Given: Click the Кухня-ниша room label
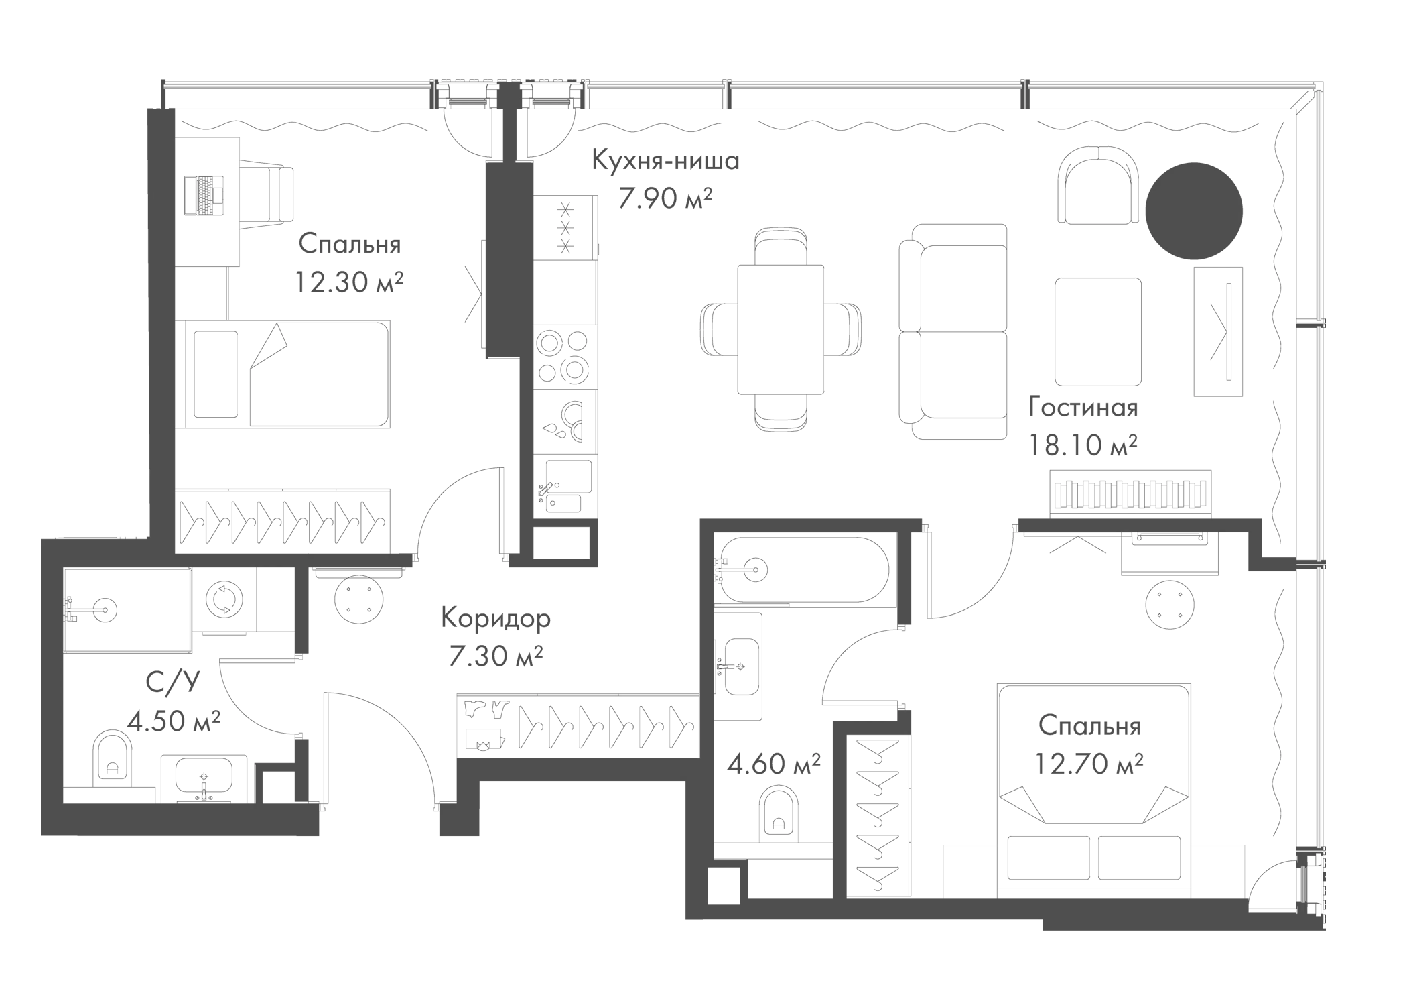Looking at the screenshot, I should click(665, 162).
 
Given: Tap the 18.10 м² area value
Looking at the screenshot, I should click(1083, 445).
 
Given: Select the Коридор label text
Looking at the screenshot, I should click(495, 618).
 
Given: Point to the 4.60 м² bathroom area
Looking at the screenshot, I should click(774, 764).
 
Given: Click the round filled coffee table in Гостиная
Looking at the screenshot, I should click(1194, 211).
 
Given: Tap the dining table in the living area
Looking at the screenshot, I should click(781, 330).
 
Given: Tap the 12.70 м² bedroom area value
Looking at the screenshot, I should click(1088, 764).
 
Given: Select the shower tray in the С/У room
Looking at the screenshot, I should click(126, 609).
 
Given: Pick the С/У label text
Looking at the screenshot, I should click(173, 683).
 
